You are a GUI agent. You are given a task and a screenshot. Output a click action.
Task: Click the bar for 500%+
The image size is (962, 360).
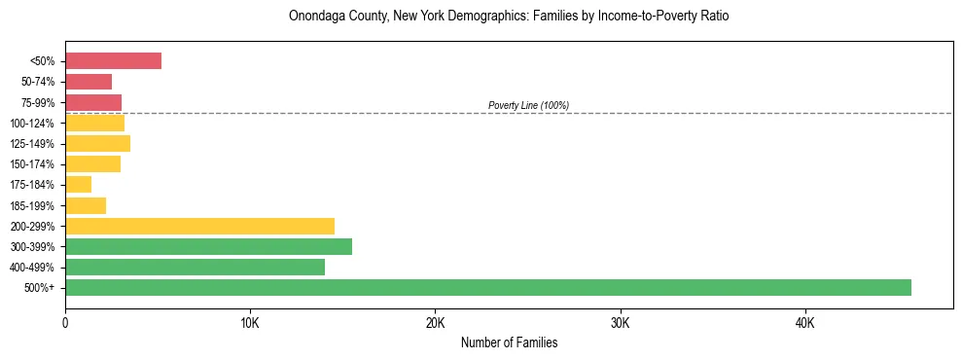click(x=487, y=287)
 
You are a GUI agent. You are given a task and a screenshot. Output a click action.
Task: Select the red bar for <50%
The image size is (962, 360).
click(x=113, y=61)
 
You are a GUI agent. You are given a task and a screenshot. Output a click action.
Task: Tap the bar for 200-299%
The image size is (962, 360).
click(x=199, y=226)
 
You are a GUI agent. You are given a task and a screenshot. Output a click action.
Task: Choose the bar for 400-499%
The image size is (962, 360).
click(x=195, y=267)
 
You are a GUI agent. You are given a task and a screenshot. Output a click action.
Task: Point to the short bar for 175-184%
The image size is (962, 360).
click(x=78, y=185)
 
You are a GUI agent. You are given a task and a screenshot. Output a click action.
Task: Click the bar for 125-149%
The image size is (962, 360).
click(x=97, y=144)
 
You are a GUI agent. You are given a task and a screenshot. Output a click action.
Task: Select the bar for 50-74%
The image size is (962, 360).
click(x=89, y=82)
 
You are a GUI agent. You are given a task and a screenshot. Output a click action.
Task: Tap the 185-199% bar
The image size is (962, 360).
click(x=86, y=205)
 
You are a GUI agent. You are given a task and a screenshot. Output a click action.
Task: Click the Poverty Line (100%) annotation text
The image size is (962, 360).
click(x=528, y=105)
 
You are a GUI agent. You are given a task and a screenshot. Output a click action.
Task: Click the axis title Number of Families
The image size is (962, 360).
click(x=509, y=343)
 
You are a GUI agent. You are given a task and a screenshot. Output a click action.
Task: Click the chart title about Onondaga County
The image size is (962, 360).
click(x=509, y=17)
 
